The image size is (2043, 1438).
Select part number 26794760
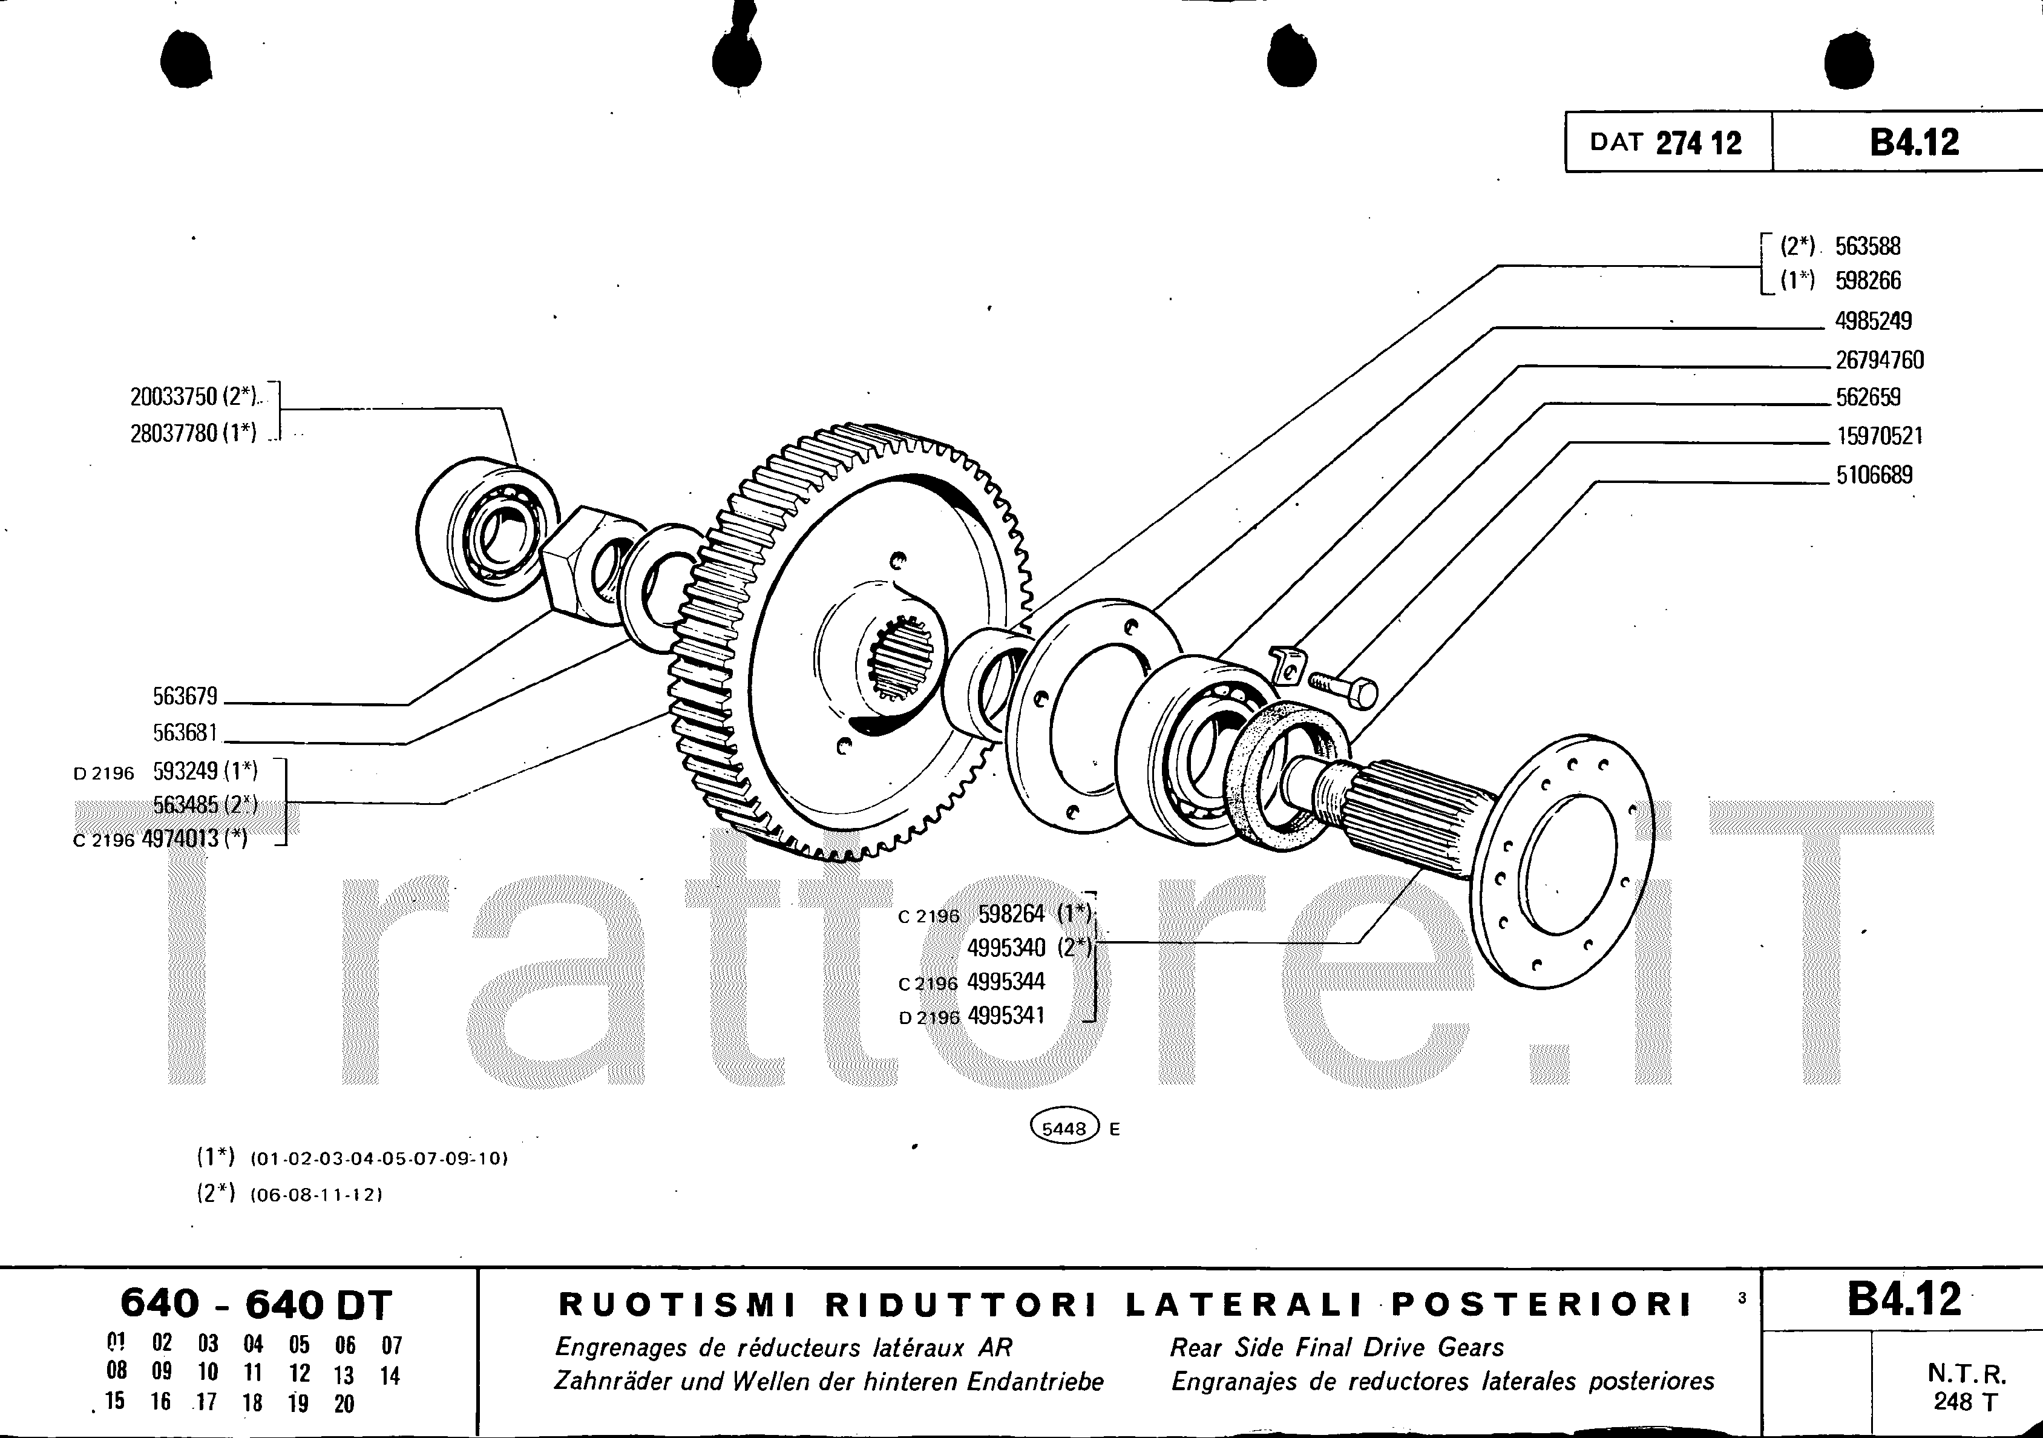(x=1879, y=359)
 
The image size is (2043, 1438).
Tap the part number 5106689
(x=1874, y=474)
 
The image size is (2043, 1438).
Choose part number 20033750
(x=174, y=395)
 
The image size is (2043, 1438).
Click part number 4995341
(x=1006, y=1016)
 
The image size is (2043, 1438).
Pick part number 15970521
(x=1879, y=436)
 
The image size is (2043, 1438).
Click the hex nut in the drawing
(x=579, y=559)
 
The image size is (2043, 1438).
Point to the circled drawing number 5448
(x=1064, y=1128)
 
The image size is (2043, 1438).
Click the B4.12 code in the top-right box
(x=1914, y=142)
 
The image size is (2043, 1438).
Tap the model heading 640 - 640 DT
(x=256, y=1304)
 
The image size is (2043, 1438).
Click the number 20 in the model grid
(x=344, y=1404)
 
